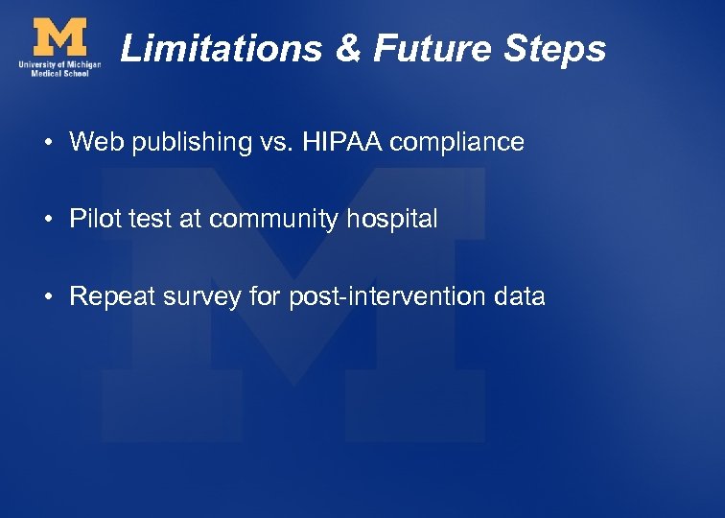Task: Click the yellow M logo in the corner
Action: tap(58, 37)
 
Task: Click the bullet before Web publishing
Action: tap(47, 144)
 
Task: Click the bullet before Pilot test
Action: tap(47, 221)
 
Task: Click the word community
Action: tap(273, 220)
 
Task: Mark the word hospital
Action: tap(393, 220)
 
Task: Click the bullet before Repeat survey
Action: tap(47, 297)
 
